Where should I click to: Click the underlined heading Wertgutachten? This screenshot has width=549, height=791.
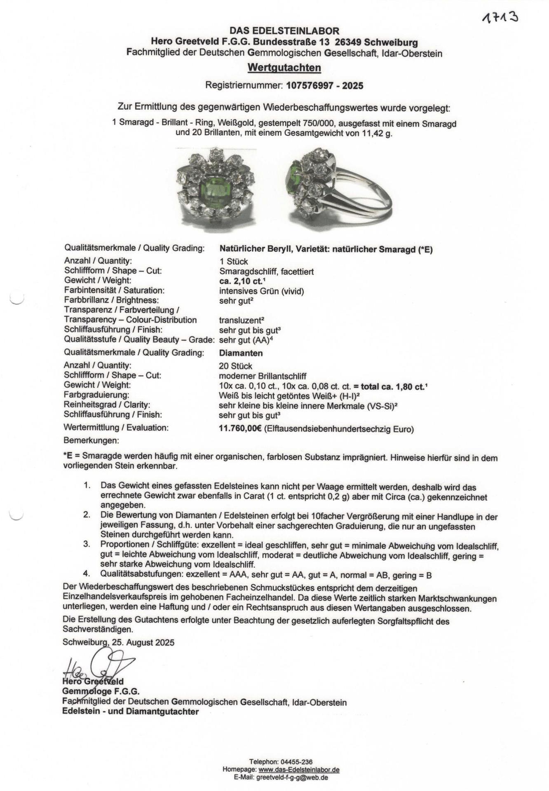(284, 68)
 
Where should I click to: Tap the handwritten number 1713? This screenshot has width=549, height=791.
(500, 18)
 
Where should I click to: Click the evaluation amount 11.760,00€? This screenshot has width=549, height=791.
(240, 429)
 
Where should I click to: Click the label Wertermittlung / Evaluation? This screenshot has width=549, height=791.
(116, 428)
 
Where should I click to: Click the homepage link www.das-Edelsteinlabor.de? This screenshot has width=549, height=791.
(299, 770)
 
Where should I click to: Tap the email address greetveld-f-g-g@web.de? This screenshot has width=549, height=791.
(292, 777)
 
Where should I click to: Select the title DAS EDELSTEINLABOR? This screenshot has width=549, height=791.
(284, 31)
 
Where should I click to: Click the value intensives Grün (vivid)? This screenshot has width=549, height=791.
(261, 291)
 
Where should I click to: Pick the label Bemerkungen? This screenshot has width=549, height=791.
(91, 440)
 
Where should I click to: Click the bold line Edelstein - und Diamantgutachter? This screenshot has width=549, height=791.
(130, 711)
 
